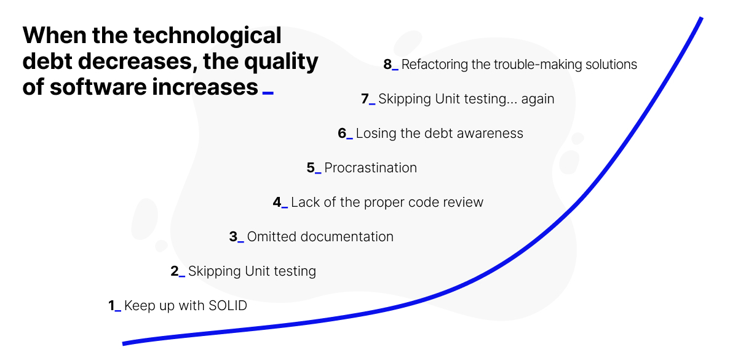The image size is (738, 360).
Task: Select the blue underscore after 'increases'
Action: point(268,94)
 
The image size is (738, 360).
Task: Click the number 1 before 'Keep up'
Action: point(111,306)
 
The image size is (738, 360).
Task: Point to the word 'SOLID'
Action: point(228,306)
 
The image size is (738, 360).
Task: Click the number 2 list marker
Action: point(174,271)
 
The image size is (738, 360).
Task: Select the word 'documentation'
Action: point(347,237)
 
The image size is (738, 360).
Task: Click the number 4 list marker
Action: point(277,202)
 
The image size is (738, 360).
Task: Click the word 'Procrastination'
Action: point(370,168)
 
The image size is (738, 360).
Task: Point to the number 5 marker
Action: point(311,168)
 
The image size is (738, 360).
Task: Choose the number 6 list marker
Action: point(342,134)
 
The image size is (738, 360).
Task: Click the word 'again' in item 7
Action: point(538,100)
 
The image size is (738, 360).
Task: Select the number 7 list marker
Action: point(365,99)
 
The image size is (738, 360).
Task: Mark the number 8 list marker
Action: point(387,65)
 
